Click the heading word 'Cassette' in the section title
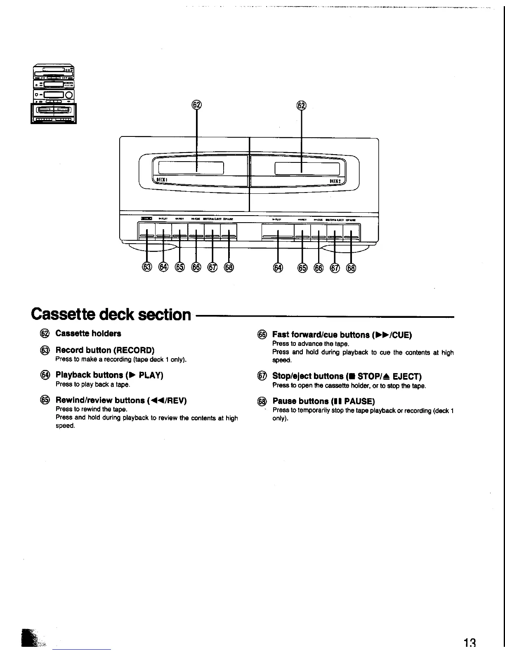coord(66,315)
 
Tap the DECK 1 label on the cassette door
coord(161,180)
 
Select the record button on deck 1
coord(146,233)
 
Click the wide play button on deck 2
coord(278,233)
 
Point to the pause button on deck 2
coord(351,233)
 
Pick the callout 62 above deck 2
coord(302,106)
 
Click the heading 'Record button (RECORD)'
coord(105,350)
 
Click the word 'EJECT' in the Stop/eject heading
coord(406,376)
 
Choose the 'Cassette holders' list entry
coord(88,333)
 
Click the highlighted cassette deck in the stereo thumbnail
coord(54,113)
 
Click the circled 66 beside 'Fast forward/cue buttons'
coord(262,335)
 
